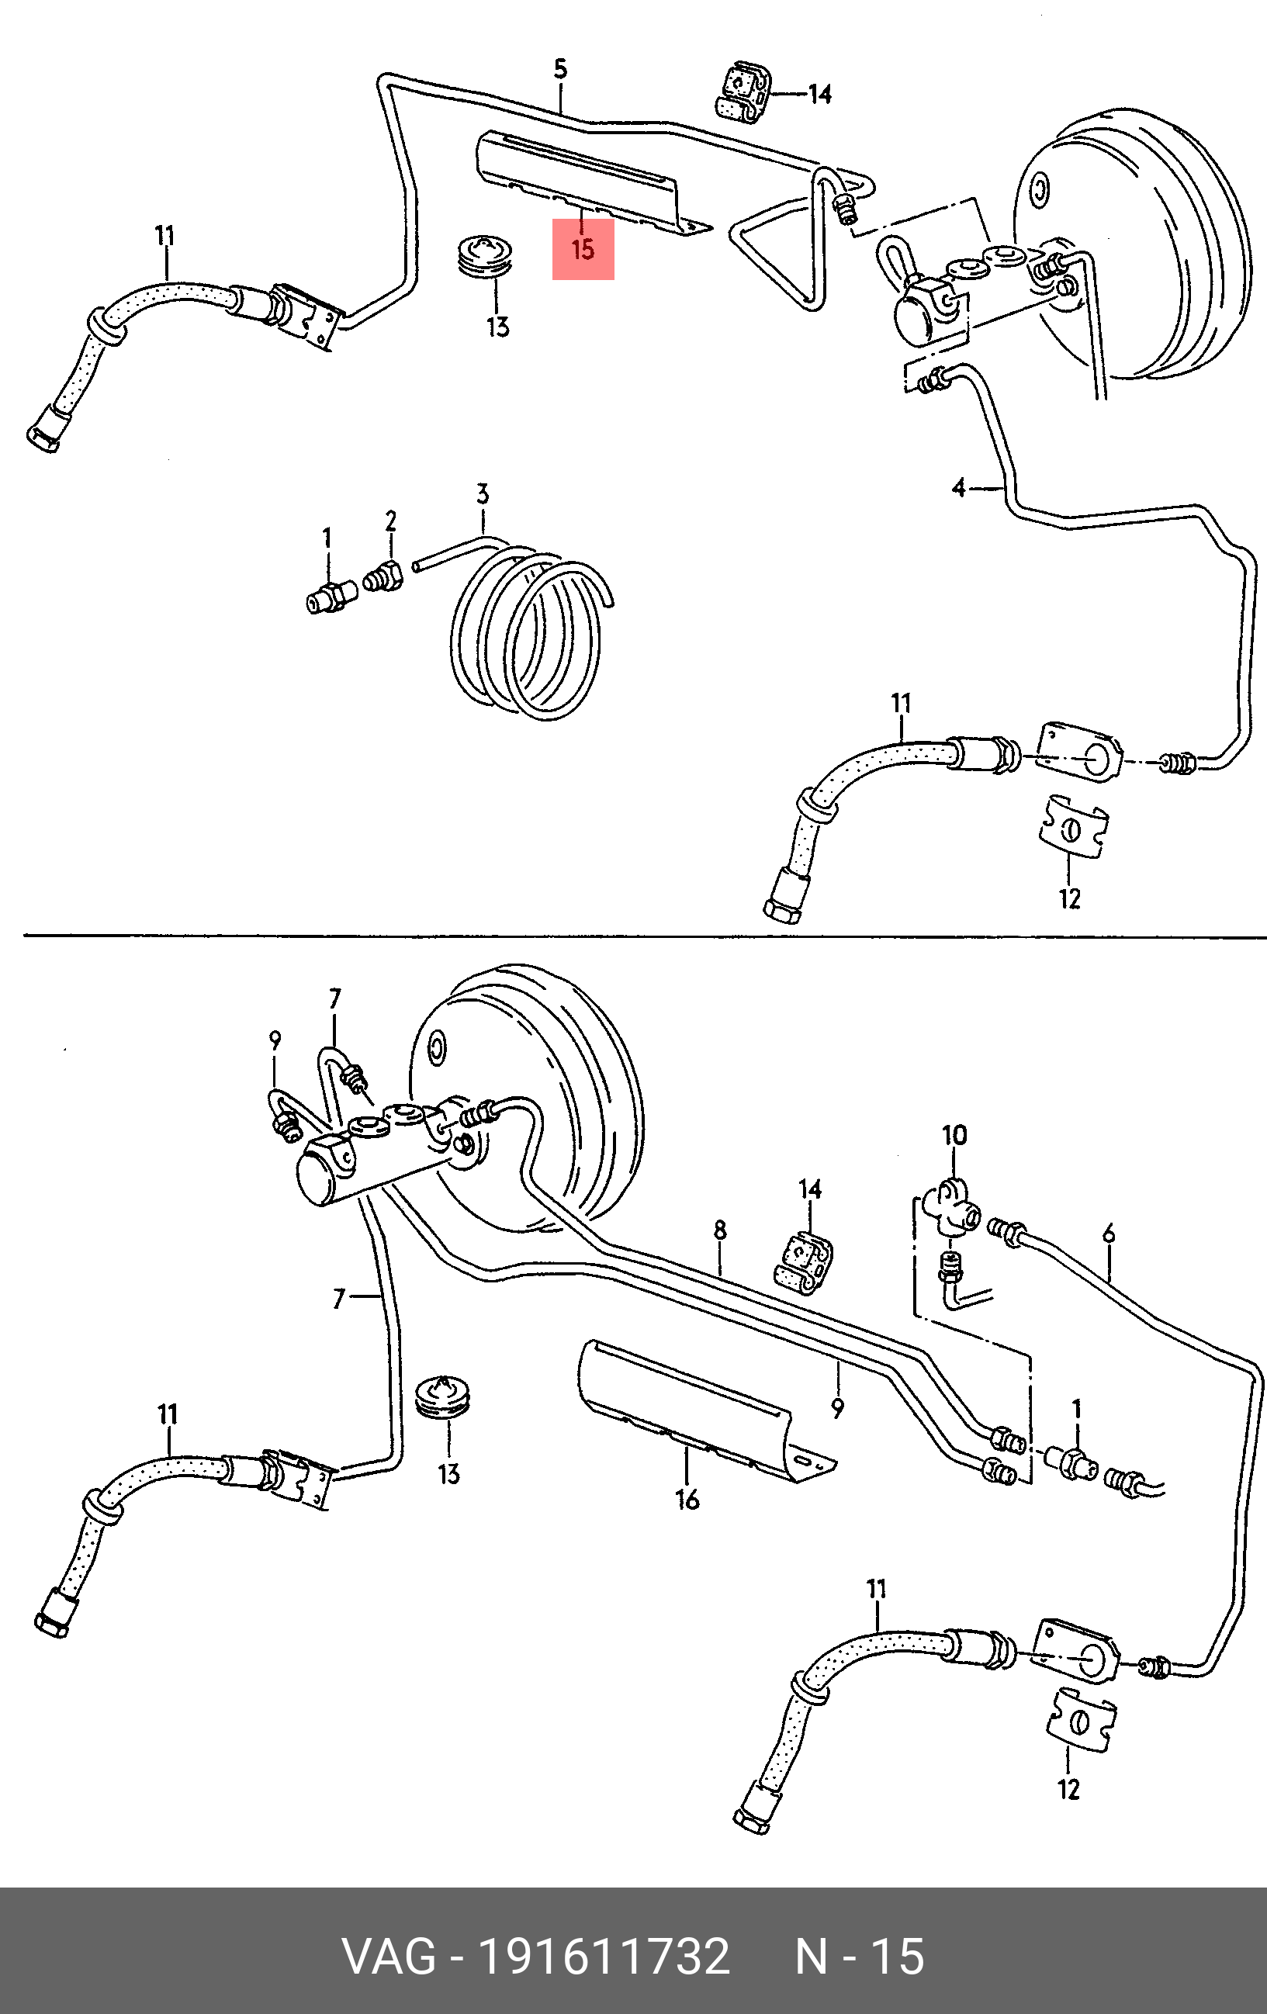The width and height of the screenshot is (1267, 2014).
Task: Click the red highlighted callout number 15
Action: click(583, 248)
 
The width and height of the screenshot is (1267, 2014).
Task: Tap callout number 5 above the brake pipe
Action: click(560, 68)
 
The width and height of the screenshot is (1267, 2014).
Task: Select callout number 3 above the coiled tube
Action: click(483, 494)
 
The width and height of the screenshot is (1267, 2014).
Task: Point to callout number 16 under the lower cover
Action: click(687, 1500)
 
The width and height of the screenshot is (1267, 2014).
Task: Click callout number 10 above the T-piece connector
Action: click(954, 1135)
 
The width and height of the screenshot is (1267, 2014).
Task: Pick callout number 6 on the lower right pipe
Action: click(1109, 1233)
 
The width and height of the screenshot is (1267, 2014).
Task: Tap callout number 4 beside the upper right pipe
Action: click(959, 486)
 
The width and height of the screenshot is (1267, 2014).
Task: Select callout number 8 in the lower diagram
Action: click(720, 1230)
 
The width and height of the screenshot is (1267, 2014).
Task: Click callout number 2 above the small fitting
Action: click(390, 521)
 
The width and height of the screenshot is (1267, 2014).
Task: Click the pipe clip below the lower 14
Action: click(804, 1262)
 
